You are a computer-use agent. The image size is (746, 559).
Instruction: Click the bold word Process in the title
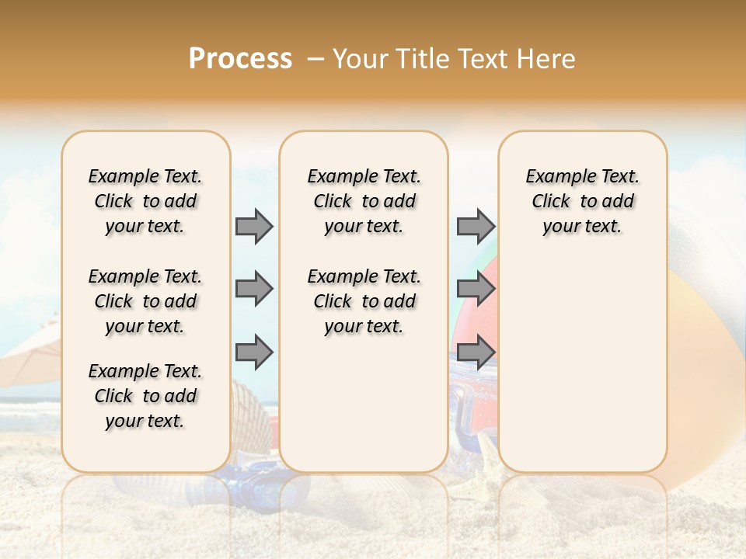point(240,59)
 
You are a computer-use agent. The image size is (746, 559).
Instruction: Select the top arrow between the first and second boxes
point(254,226)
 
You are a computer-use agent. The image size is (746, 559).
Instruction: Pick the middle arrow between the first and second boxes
point(254,289)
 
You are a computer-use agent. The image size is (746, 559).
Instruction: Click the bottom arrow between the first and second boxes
point(254,352)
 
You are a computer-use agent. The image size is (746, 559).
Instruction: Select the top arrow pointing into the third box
point(476,226)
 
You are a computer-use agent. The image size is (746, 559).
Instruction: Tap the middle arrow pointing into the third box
point(476,289)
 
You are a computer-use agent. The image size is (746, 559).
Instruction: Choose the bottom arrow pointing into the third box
point(476,352)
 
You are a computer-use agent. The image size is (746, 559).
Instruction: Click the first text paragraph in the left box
point(145,201)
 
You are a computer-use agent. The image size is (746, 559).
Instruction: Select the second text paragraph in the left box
point(145,301)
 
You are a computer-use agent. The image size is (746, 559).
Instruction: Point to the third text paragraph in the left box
point(145,396)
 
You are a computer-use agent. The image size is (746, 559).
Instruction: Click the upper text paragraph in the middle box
point(364,201)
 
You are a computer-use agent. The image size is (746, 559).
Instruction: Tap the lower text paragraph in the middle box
point(364,301)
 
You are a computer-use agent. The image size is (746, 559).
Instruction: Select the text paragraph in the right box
point(582,201)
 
